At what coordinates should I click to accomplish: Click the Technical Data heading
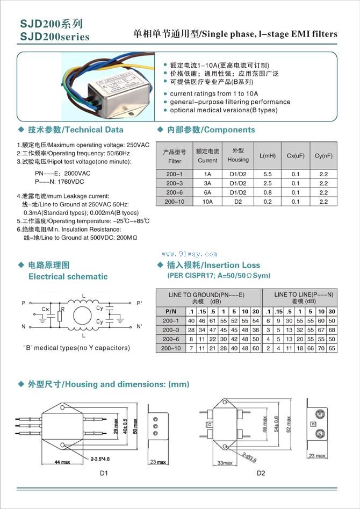click(x=76, y=130)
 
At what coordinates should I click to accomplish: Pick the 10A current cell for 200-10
click(x=207, y=201)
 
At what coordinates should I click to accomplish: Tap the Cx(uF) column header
click(x=296, y=156)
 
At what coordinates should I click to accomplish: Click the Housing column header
click(x=238, y=155)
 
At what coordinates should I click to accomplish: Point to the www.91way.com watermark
click(x=190, y=254)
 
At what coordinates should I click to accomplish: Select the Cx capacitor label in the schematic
click(x=46, y=310)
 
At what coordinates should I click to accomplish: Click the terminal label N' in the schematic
click(x=140, y=327)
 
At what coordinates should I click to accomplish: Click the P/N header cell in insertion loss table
click(x=170, y=312)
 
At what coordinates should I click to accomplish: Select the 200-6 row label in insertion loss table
click(x=170, y=339)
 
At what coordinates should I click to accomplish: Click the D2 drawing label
click(x=261, y=473)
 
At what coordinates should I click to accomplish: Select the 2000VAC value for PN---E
click(x=77, y=174)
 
